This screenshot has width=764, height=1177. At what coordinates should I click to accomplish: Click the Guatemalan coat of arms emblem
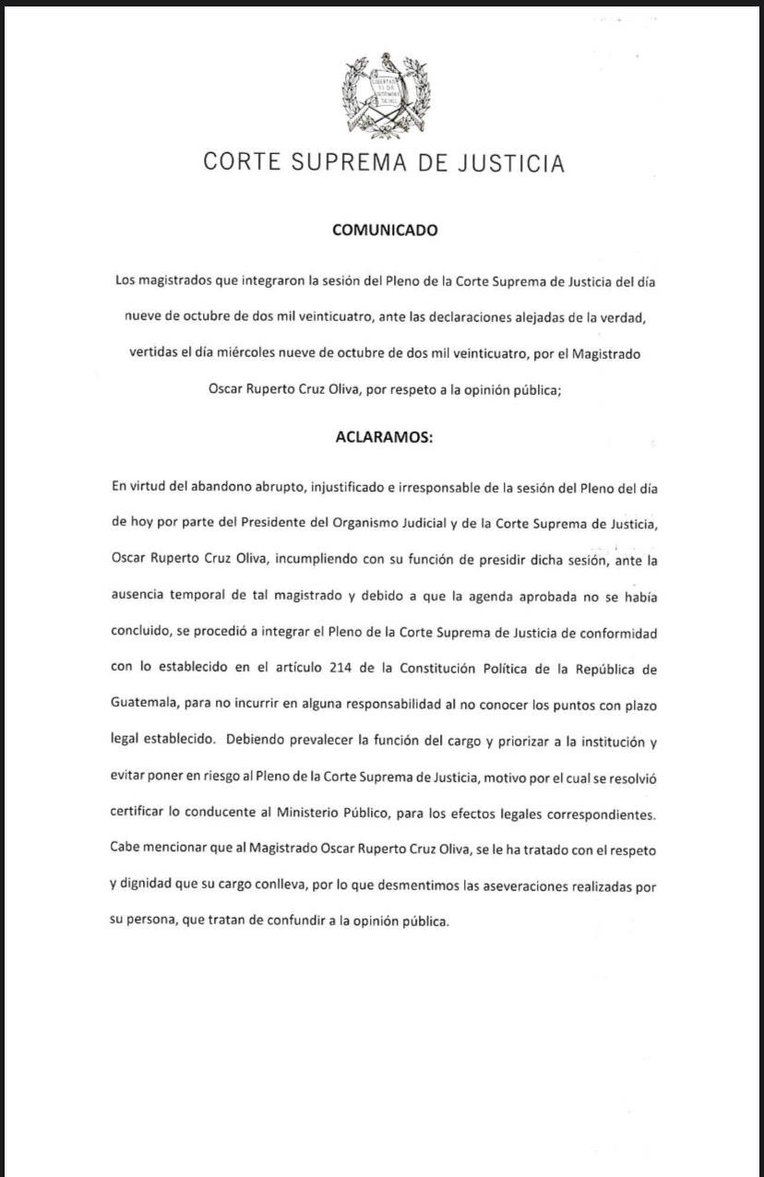(387, 96)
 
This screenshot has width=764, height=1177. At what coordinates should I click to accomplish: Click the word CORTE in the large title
(243, 163)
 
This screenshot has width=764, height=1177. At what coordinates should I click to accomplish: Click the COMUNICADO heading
(385, 231)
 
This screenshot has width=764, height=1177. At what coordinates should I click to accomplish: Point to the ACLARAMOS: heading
(384, 438)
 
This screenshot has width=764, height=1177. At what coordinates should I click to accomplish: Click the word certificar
(138, 814)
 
